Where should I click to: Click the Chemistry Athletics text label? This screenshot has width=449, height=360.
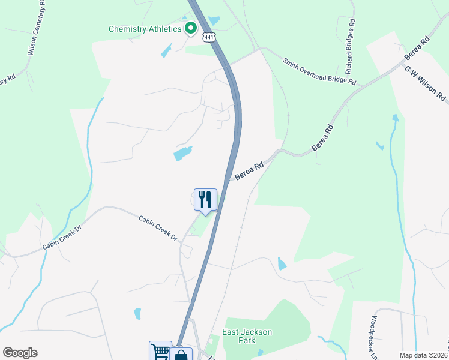coord(145,29)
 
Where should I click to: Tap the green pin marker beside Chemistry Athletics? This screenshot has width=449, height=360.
coord(191,28)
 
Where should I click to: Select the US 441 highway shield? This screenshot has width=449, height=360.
coord(208,37)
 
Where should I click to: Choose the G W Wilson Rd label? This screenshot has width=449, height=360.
coord(426,83)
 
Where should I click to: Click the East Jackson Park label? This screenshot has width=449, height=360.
coord(247,336)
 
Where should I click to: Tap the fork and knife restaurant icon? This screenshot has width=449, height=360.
coord(205,199)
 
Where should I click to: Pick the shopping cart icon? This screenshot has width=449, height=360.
coord(160,351)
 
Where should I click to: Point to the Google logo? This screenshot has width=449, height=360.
coord(20,353)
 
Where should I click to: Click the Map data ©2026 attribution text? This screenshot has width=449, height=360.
coord(423,355)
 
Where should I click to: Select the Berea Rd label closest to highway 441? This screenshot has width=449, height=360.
coord(249,172)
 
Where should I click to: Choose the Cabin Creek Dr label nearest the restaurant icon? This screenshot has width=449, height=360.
coord(158,228)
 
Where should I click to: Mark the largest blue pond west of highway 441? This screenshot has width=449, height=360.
coord(183,153)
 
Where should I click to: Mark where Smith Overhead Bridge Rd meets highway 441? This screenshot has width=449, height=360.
coord(229,65)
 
